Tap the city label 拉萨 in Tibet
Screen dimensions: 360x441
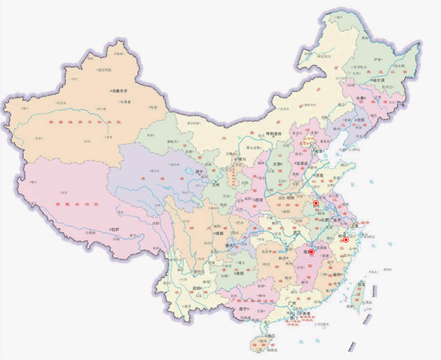click(115, 229)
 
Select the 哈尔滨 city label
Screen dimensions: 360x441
click(378, 81)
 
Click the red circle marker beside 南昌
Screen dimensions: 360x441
click(312, 251)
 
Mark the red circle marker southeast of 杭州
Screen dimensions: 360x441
click(346, 240)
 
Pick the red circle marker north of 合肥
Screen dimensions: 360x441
click(316, 203)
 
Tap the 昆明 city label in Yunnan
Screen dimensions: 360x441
click(197, 288)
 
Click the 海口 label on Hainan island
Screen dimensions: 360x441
click(271, 336)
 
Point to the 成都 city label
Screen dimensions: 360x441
click(219, 234)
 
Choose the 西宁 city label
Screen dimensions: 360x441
click(199, 172)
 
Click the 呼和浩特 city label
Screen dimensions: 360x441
click(275, 134)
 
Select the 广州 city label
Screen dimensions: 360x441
click(294, 303)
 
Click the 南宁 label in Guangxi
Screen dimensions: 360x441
click(243, 309)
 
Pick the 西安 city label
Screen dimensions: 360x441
click(259, 200)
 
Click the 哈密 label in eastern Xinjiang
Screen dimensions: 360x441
click(153, 107)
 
